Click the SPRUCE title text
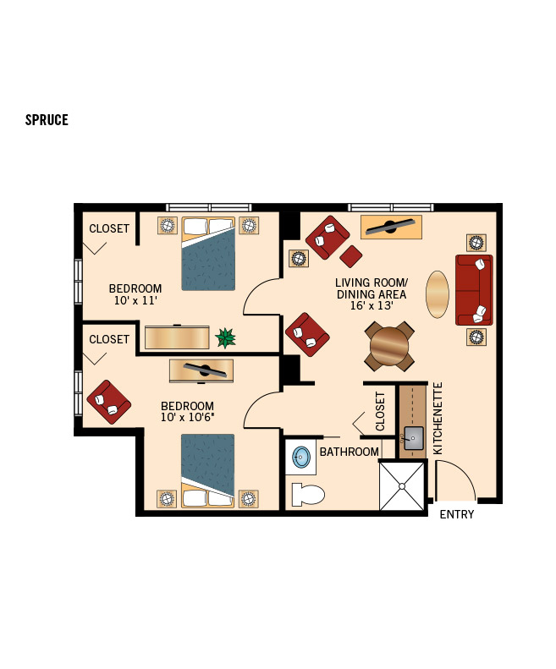click(x=47, y=120)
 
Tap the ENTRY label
click(x=457, y=514)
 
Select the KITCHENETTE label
click(x=438, y=419)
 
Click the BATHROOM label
click(x=349, y=452)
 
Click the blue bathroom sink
click(x=300, y=458)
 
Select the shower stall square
click(x=401, y=485)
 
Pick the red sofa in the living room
click(x=474, y=289)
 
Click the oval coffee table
click(x=438, y=293)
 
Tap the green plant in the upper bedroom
click(x=225, y=338)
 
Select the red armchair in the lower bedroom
click(x=108, y=401)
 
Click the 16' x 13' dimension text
click(x=372, y=306)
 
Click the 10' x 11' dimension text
click(x=135, y=300)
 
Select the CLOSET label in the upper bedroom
click(x=109, y=228)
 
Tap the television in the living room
click(x=390, y=227)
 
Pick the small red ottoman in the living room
click(x=351, y=255)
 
